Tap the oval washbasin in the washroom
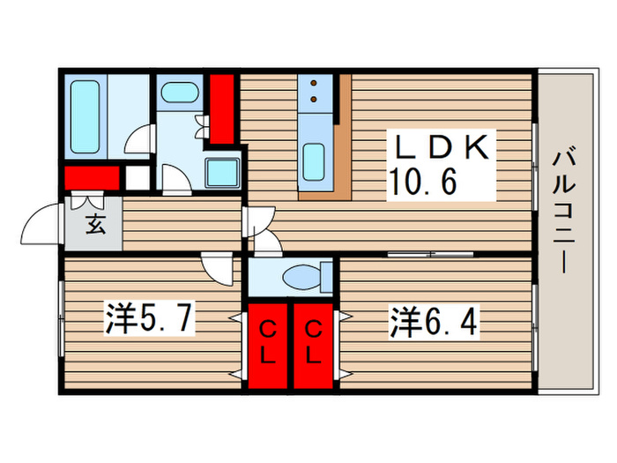click(x=181, y=93)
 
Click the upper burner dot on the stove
click(x=315, y=86)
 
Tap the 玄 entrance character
click(x=94, y=223)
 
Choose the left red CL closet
click(x=269, y=345)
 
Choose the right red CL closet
click(x=313, y=345)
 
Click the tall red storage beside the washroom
click(x=221, y=108)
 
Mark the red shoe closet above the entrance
click(x=92, y=177)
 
